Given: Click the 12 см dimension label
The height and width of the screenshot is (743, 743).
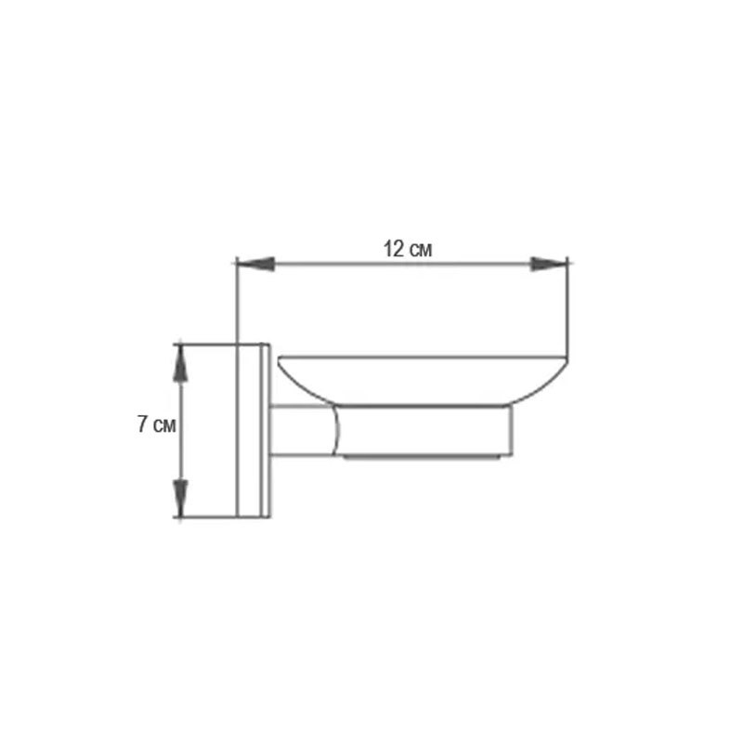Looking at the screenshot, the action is pos(408,249).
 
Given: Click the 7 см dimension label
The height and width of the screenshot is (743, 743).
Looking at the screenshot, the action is pos(156,424).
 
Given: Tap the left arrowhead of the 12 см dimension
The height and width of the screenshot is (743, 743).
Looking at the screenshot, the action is pos(255,264).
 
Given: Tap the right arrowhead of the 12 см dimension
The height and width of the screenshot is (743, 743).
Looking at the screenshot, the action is pos(549,264).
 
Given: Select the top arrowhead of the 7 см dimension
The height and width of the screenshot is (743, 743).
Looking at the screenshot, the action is pos(180,363).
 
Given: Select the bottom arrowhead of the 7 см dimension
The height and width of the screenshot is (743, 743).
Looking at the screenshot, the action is pos(180,498).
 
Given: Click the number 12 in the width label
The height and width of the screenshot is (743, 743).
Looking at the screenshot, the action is pos(393,249).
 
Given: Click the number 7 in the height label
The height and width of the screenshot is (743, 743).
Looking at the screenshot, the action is pos(142,424).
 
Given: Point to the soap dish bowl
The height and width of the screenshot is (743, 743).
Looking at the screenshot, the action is pos(423,380).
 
